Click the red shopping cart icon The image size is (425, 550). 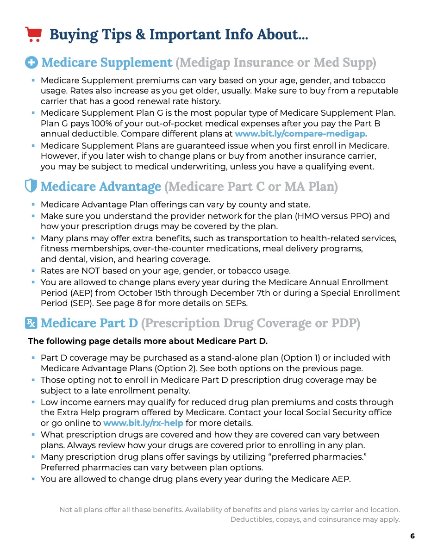click(33, 34)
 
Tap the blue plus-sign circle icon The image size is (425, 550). click(31, 62)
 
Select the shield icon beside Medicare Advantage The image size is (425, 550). click(31, 187)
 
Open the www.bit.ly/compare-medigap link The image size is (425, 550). click(301, 134)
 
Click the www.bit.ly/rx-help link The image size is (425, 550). click(143, 423)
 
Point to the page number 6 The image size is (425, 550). click(412, 536)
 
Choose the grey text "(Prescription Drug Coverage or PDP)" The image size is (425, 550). click(250, 323)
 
